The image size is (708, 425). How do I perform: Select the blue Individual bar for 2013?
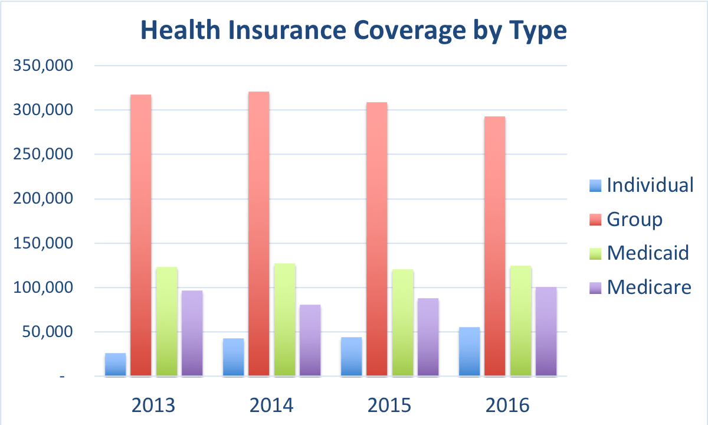point(115,365)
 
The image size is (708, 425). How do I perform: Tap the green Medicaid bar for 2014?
point(284,319)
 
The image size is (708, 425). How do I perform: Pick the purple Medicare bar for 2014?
point(310,340)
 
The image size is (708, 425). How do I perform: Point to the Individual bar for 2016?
point(469,352)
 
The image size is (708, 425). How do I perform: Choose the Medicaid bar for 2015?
point(402,322)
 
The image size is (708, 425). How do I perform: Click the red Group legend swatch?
point(596,220)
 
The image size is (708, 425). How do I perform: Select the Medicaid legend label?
point(648,253)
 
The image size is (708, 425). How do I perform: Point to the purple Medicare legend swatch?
point(596,287)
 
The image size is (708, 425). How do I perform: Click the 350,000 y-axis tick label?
point(42,66)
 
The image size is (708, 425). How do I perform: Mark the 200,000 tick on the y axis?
point(42,199)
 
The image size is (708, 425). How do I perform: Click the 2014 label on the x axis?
point(271,406)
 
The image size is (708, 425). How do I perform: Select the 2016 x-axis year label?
point(507,406)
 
